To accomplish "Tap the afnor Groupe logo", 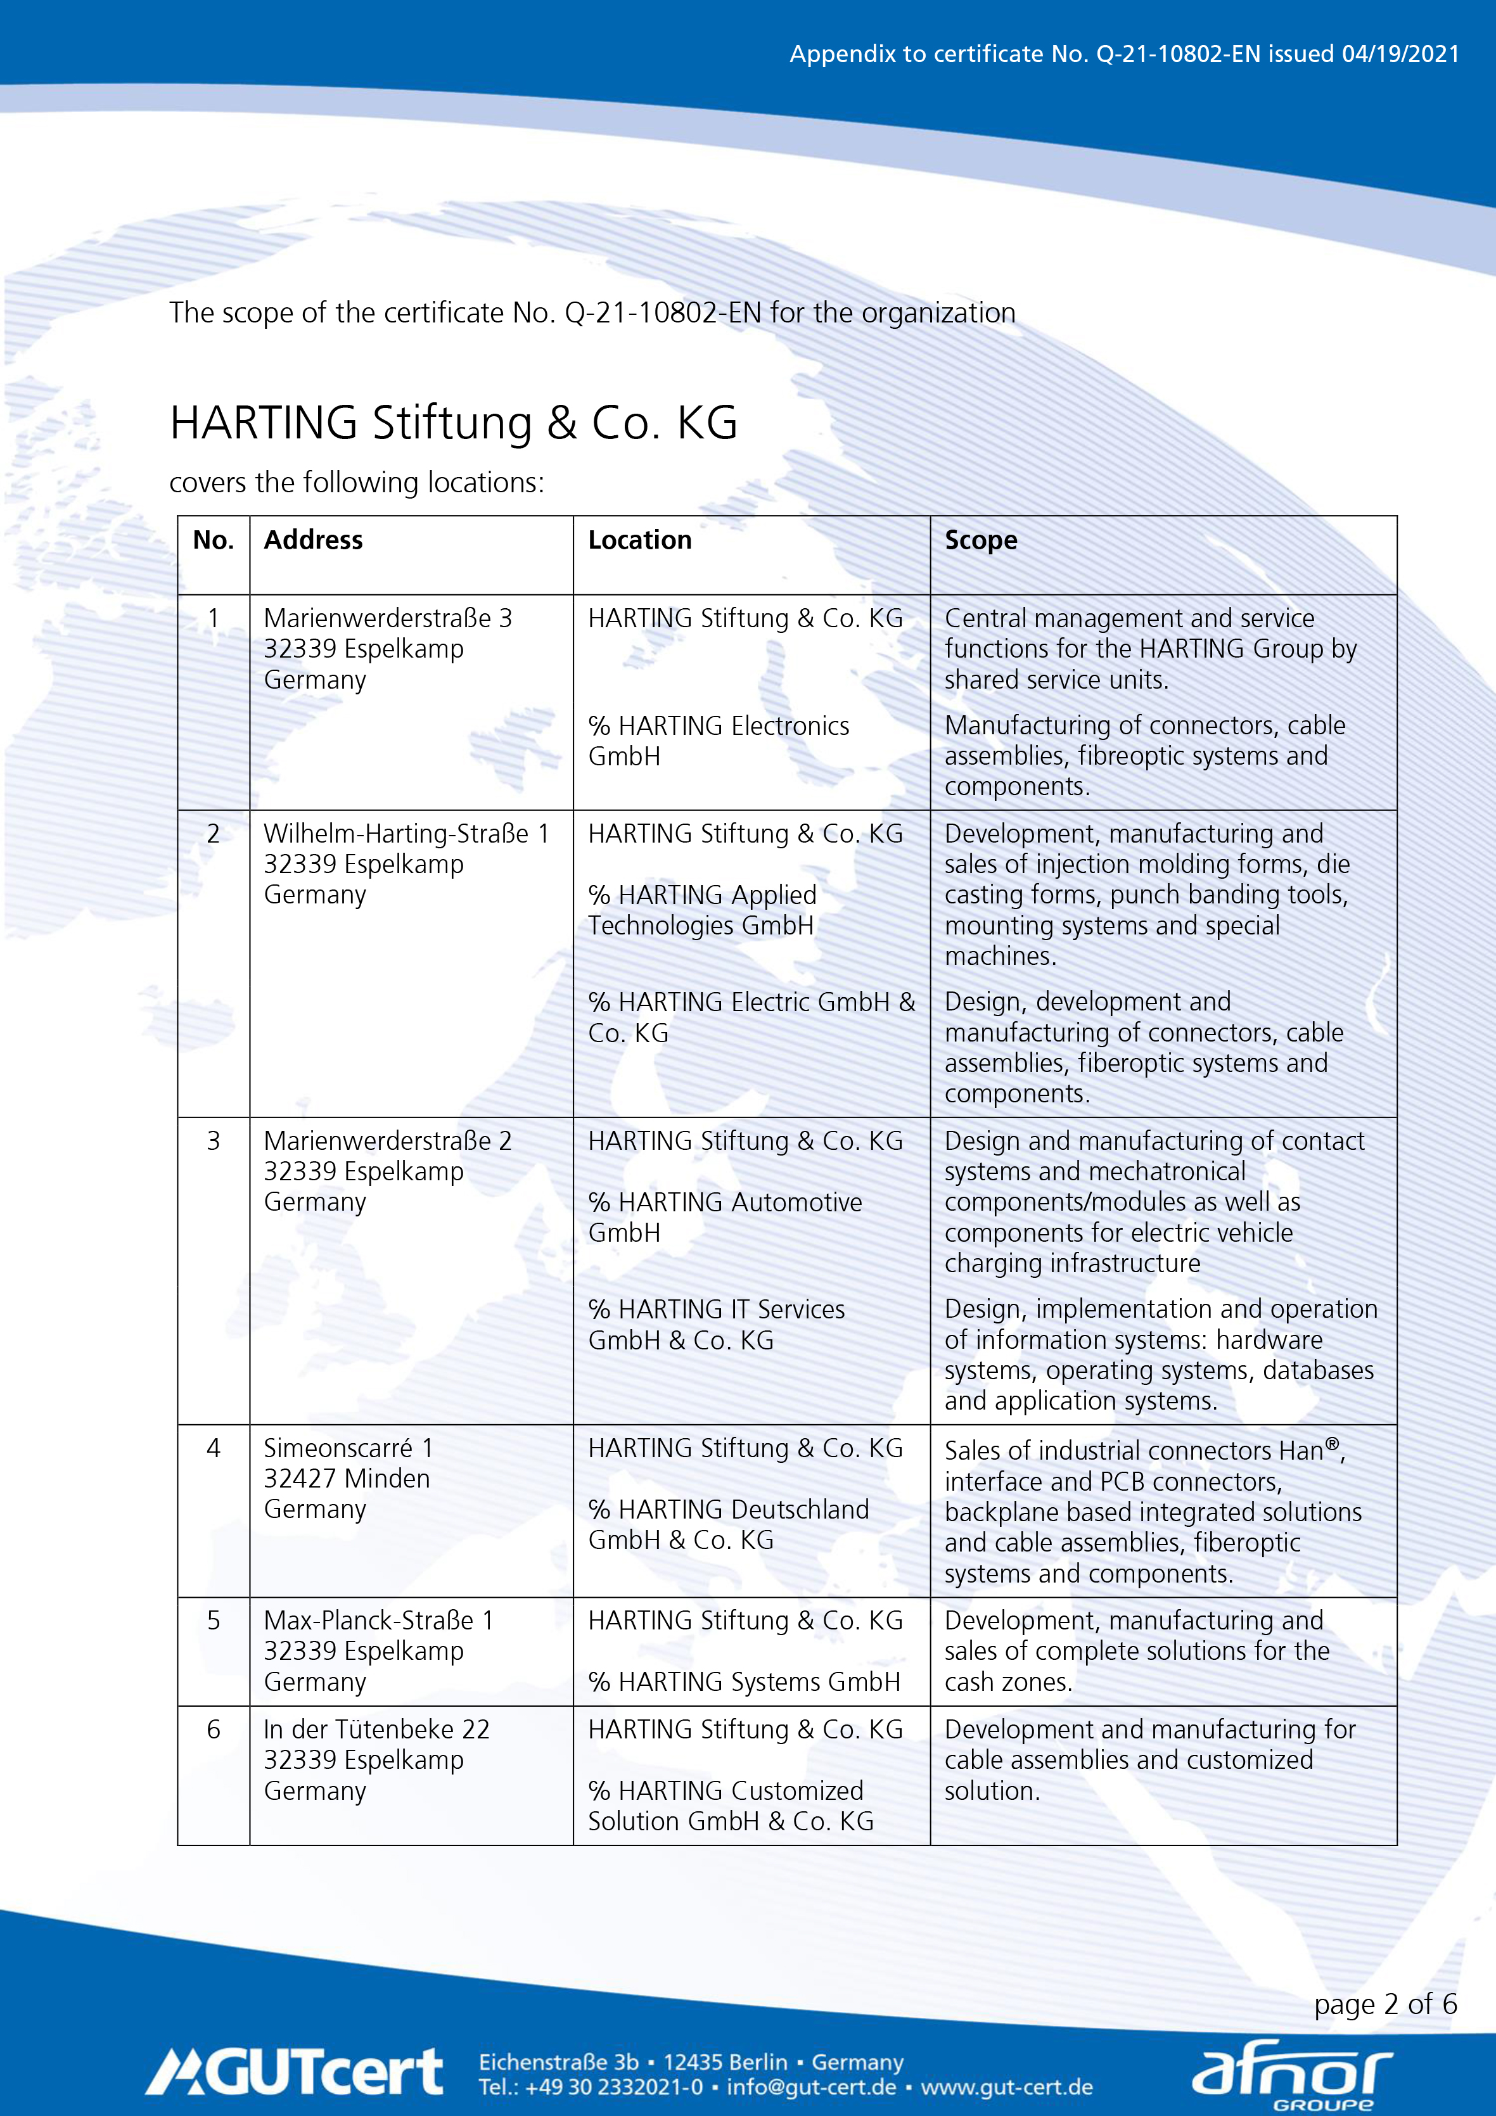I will (1291, 2074).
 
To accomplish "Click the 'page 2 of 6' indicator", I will (1384, 2004).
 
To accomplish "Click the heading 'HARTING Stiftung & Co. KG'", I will (454, 423).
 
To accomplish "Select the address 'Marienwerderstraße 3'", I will (387, 618).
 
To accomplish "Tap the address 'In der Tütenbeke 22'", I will (376, 1729).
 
